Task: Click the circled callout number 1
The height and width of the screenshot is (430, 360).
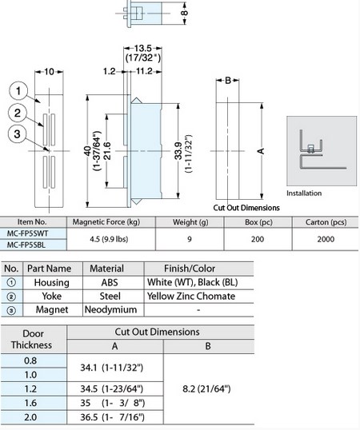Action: [18, 91]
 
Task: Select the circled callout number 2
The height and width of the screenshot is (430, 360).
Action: [18, 113]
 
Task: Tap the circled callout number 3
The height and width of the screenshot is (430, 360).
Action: [17, 134]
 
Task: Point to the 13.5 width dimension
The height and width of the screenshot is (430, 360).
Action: [142, 48]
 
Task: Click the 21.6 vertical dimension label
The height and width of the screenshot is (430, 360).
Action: [107, 151]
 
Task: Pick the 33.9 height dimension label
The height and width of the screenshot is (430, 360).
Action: [178, 151]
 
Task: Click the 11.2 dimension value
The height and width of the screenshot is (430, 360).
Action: [144, 71]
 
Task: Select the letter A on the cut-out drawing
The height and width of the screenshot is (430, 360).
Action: [261, 151]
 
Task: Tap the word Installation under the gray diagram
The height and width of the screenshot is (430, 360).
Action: [304, 193]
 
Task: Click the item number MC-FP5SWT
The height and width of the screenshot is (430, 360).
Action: [27, 233]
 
